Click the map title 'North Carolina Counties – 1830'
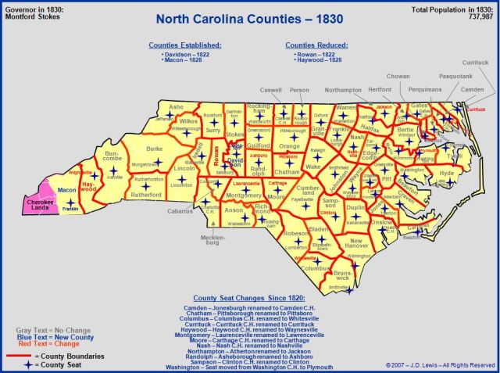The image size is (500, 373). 250,18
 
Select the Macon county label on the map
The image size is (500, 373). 66,190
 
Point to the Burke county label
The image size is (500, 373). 154,148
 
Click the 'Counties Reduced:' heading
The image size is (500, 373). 316,45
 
